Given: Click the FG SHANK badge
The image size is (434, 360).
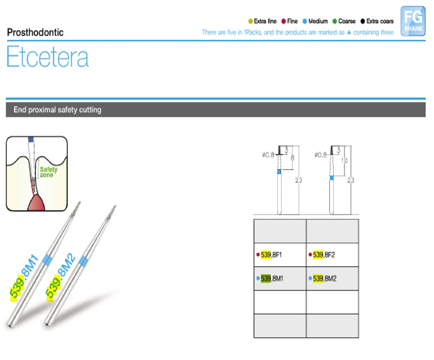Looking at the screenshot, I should pyautogui.click(x=413, y=21).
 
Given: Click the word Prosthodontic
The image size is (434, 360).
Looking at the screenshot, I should pyautogui.click(x=35, y=32).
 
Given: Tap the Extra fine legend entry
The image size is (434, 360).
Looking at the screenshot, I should pyautogui.click(x=263, y=21).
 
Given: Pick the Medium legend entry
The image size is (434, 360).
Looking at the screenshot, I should pyautogui.click(x=314, y=21).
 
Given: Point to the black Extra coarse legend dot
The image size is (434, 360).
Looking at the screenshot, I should pyautogui.click(x=362, y=21).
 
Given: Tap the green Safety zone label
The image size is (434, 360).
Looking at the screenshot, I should pyautogui.click(x=48, y=172).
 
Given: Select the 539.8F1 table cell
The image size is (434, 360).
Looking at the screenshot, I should pyautogui.click(x=279, y=255).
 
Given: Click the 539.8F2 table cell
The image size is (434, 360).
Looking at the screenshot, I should pyautogui.click(x=332, y=255).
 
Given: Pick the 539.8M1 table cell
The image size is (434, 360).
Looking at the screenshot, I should pyautogui.click(x=279, y=279).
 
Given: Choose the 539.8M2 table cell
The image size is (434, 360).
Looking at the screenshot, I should pyautogui.click(x=332, y=279).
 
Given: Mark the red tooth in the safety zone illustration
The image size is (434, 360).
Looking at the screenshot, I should pyautogui.click(x=37, y=201).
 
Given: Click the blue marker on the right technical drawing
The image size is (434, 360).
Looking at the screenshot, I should pyautogui.click(x=331, y=177).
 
